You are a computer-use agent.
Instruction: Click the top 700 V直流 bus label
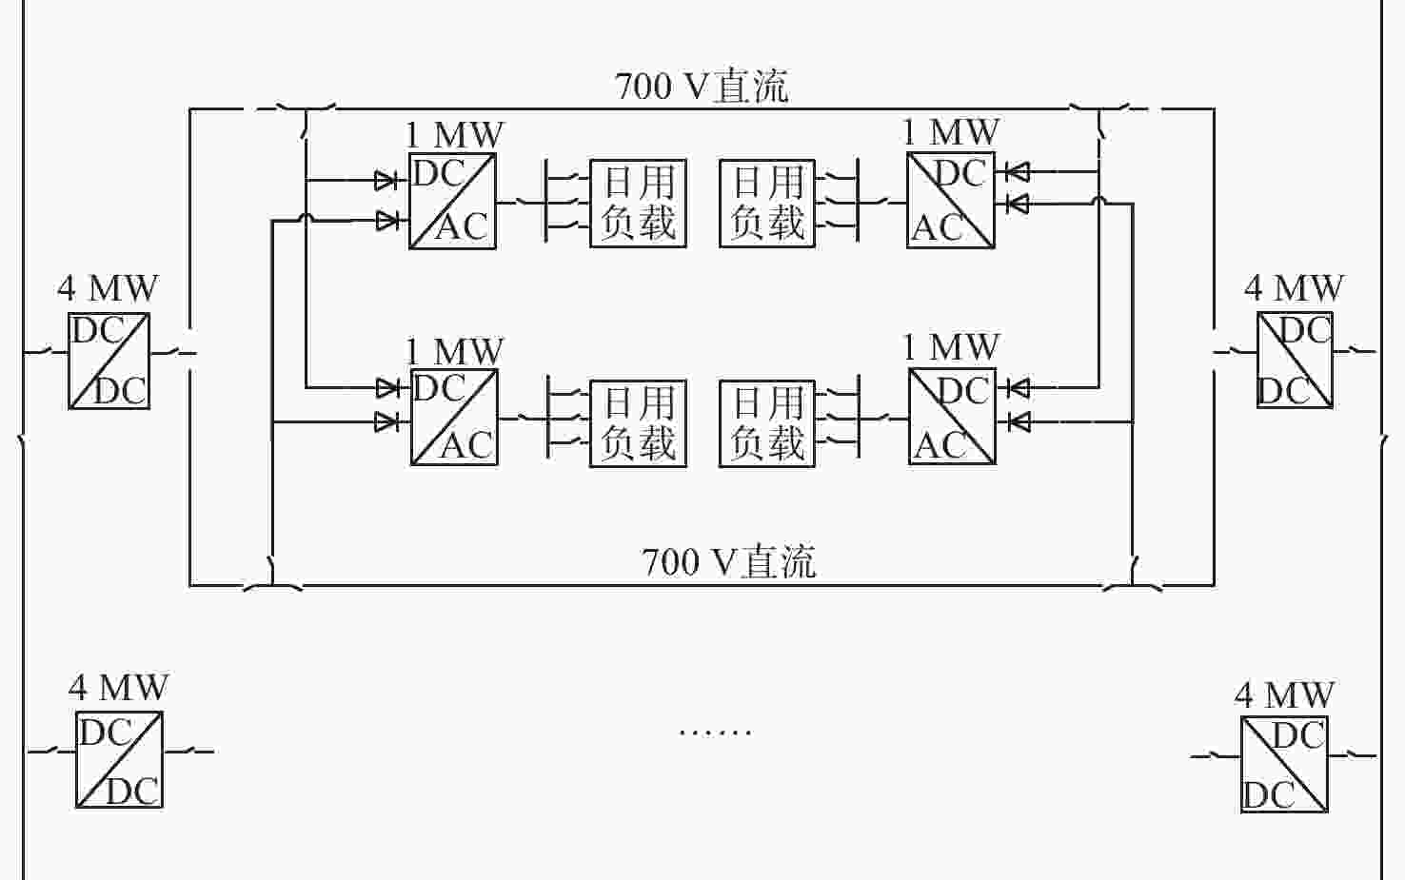[x=702, y=87]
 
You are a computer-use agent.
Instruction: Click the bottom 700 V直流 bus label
[x=728, y=561]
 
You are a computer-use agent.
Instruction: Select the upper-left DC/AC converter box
[x=452, y=202]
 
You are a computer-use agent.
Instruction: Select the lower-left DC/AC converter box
[x=454, y=418]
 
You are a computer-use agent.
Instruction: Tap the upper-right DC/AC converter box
[x=951, y=201]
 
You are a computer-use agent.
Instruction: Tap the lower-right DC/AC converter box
[x=952, y=417]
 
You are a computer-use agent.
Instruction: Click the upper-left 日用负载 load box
[x=638, y=204]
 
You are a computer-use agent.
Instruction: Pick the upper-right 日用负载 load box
[x=767, y=204]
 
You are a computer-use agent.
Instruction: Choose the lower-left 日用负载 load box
[x=638, y=423]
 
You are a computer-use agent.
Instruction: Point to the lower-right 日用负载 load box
[x=767, y=423]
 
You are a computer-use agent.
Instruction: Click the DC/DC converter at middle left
[x=109, y=361]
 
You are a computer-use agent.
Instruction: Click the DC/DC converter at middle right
[x=1295, y=360]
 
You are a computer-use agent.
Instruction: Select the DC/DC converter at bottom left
[x=119, y=759]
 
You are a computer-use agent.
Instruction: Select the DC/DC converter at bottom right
[x=1284, y=764]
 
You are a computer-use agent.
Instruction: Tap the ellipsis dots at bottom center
[x=715, y=732]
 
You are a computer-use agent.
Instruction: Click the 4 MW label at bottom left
[x=118, y=687]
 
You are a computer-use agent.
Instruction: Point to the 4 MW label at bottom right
[x=1284, y=694]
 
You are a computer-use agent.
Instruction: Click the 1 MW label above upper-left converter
[x=454, y=135]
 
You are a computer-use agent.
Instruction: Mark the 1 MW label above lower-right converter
[x=950, y=347]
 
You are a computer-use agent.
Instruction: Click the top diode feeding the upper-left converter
[x=386, y=180]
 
